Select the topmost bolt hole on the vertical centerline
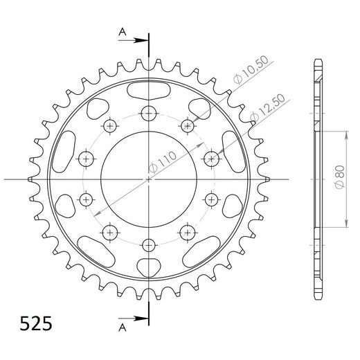coord(149,115)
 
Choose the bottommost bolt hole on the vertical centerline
coord(149,244)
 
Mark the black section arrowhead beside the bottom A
coord(142,319)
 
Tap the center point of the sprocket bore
coord(149,179)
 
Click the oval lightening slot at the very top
coord(149,90)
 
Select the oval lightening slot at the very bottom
coord(149,267)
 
